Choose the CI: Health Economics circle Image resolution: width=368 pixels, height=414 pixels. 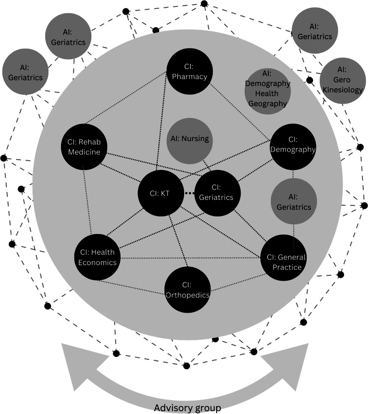click(97, 257)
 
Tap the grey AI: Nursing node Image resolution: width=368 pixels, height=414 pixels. click(190, 139)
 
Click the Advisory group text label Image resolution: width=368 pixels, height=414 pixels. click(187, 408)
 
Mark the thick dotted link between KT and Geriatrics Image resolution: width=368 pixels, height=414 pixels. click(190, 193)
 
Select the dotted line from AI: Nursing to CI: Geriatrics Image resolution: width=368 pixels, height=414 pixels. click(208, 164)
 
